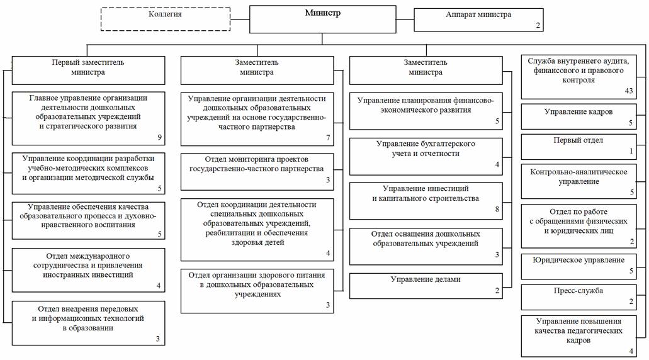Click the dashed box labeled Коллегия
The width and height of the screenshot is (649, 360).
166,18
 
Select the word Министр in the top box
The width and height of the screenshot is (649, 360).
322,13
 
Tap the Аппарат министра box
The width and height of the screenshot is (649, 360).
478,20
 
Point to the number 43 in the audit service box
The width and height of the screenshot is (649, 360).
628,91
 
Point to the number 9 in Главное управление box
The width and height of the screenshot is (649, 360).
160,136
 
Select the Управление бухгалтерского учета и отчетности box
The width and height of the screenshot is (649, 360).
426,155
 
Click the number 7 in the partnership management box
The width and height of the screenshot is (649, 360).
328,137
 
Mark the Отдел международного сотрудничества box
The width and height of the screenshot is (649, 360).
87,269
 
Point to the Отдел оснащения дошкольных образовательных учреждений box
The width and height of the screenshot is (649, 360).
426,245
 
